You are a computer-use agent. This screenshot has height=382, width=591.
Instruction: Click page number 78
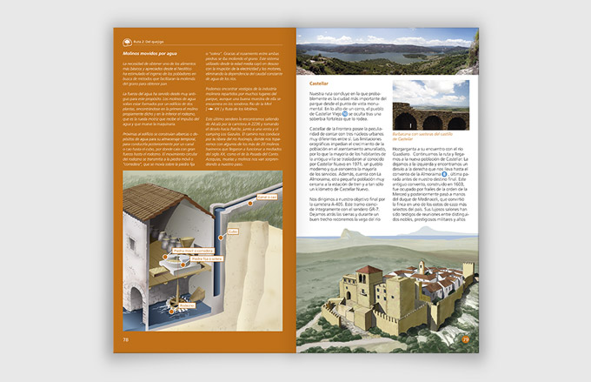[126, 340]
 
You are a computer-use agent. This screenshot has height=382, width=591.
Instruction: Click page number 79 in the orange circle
[465, 339]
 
